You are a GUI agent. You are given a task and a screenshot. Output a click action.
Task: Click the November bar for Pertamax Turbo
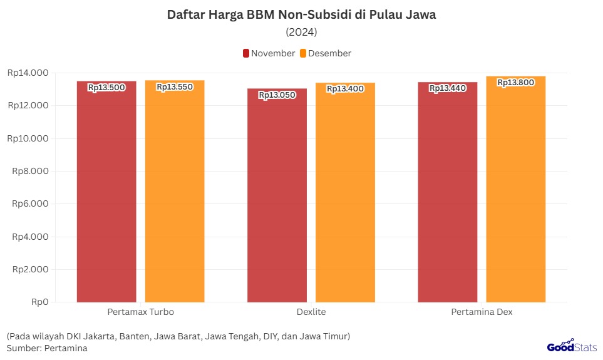(x=106, y=194)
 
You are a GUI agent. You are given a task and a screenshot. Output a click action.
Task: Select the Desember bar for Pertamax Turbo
(x=175, y=194)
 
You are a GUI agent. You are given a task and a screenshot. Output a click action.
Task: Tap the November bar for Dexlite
(x=277, y=197)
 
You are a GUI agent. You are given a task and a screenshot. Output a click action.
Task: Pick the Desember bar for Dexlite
(x=345, y=194)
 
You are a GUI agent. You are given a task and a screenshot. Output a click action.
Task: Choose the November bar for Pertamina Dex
(x=448, y=194)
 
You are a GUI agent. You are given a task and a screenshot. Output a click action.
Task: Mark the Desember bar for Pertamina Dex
(x=516, y=191)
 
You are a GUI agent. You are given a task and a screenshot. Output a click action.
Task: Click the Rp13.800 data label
(x=516, y=82)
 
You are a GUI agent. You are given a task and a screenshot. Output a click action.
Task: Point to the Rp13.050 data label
(x=277, y=95)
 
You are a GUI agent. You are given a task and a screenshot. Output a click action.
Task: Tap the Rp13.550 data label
(x=175, y=87)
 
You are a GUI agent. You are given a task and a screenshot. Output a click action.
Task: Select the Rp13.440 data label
(x=448, y=88)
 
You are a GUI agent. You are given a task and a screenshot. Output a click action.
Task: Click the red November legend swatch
(x=246, y=53)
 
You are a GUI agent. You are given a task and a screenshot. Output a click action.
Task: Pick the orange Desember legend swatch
(x=303, y=53)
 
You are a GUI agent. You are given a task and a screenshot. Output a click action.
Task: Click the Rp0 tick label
(x=41, y=302)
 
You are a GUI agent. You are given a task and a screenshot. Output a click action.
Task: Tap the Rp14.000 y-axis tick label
(x=28, y=73)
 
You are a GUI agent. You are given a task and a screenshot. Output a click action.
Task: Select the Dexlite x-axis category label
(x=311, y=312)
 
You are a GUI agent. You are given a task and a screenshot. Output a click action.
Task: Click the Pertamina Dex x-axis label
(x=482, y=312)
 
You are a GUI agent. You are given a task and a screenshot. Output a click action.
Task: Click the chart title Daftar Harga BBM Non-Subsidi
(x=301, y=15)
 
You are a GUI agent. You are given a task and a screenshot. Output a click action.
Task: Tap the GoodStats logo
(x=572, y=346)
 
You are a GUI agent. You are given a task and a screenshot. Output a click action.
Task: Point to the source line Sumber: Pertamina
(x=48, y=348)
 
